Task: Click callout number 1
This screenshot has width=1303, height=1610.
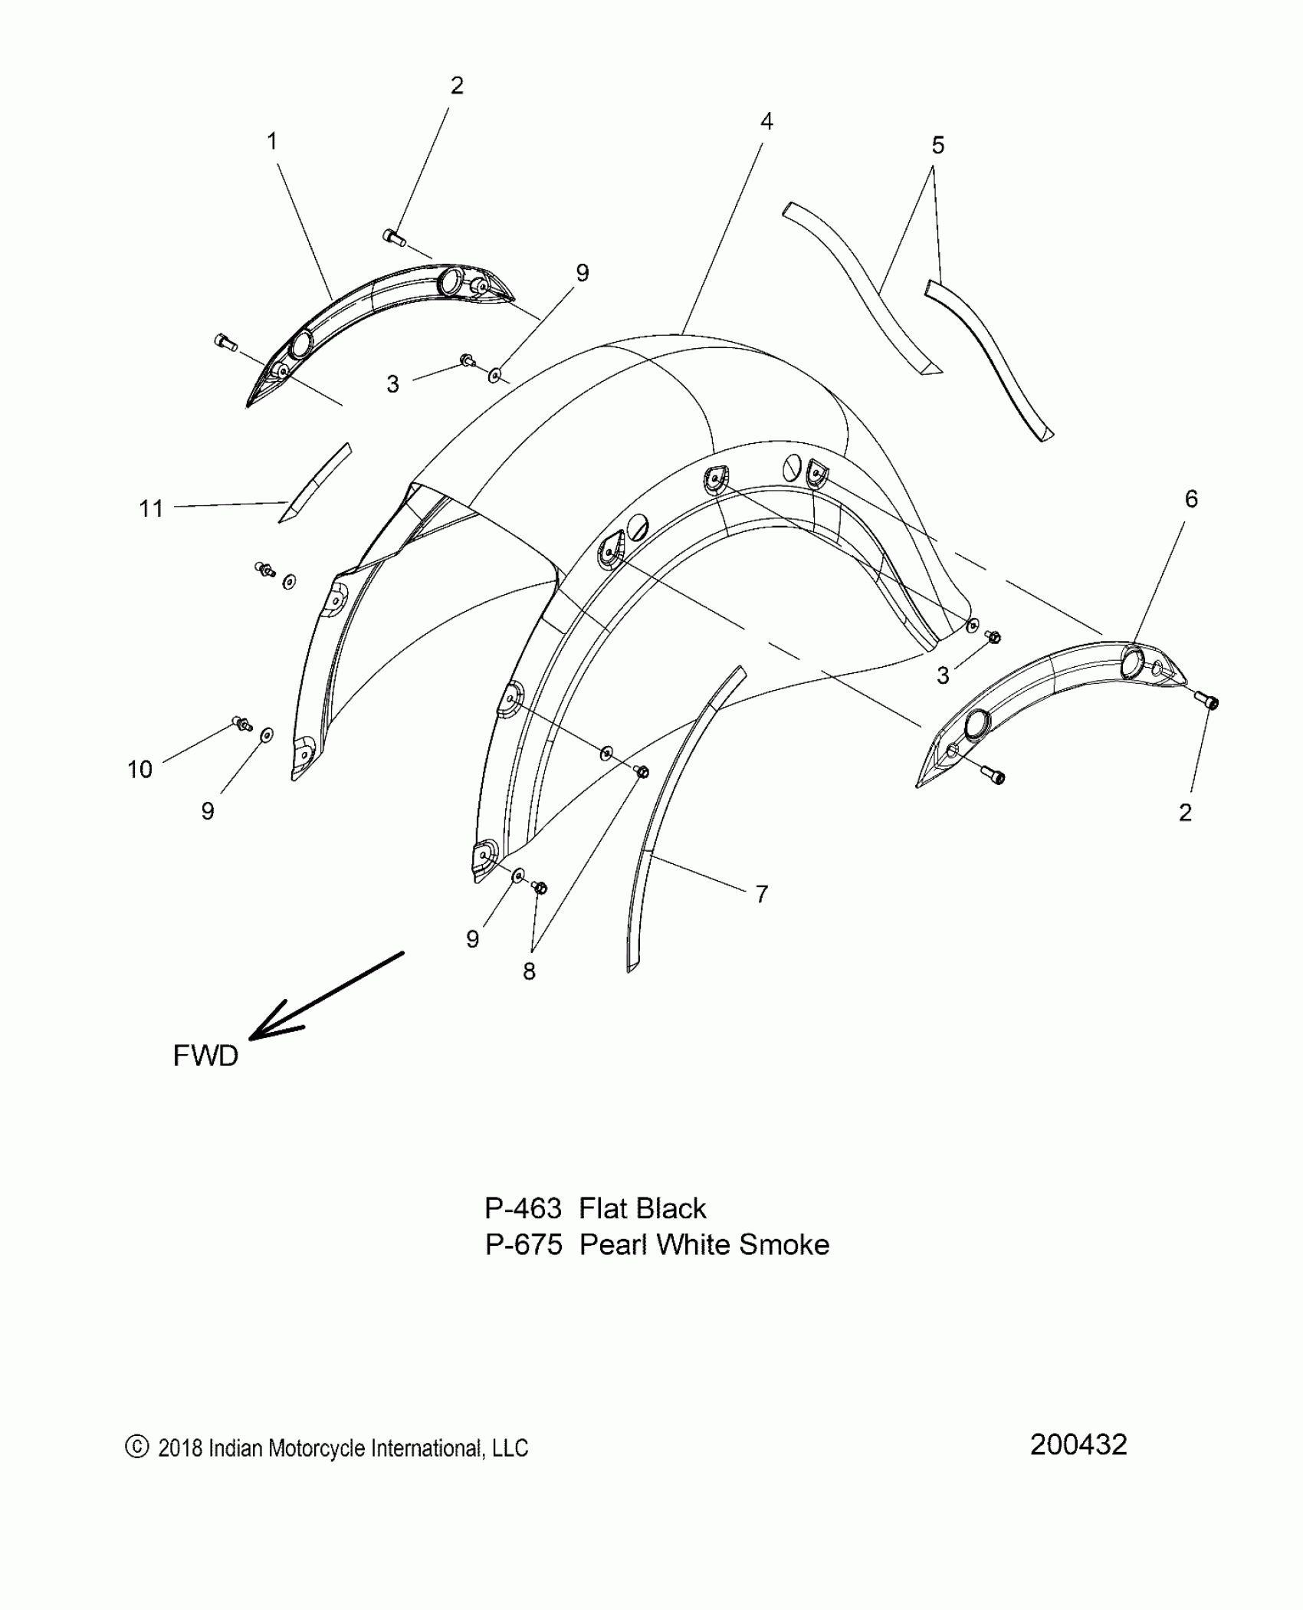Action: point(271,142)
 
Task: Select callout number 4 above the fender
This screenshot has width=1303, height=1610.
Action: point(766,121)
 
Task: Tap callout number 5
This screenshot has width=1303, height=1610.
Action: point(937,145)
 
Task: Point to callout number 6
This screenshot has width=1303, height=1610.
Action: point(1190,499)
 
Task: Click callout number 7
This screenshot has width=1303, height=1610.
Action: point(761,894)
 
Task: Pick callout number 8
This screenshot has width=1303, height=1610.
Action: point(529,971)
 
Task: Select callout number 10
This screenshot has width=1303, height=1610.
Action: point(139,769)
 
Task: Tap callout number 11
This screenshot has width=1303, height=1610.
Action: point(151,508)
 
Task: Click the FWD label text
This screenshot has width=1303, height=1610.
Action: point(205,1056)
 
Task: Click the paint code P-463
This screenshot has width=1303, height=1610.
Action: point(523,1209)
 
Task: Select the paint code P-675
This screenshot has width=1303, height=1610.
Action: point(524,1244)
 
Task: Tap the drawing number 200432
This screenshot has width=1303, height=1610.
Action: point(1078,1444)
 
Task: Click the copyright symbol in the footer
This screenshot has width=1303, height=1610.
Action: point(136,1447)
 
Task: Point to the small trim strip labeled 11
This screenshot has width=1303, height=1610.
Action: point(314,483)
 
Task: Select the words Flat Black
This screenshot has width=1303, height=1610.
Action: point(642,1209)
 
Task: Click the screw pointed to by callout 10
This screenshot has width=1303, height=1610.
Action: point(241,723)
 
